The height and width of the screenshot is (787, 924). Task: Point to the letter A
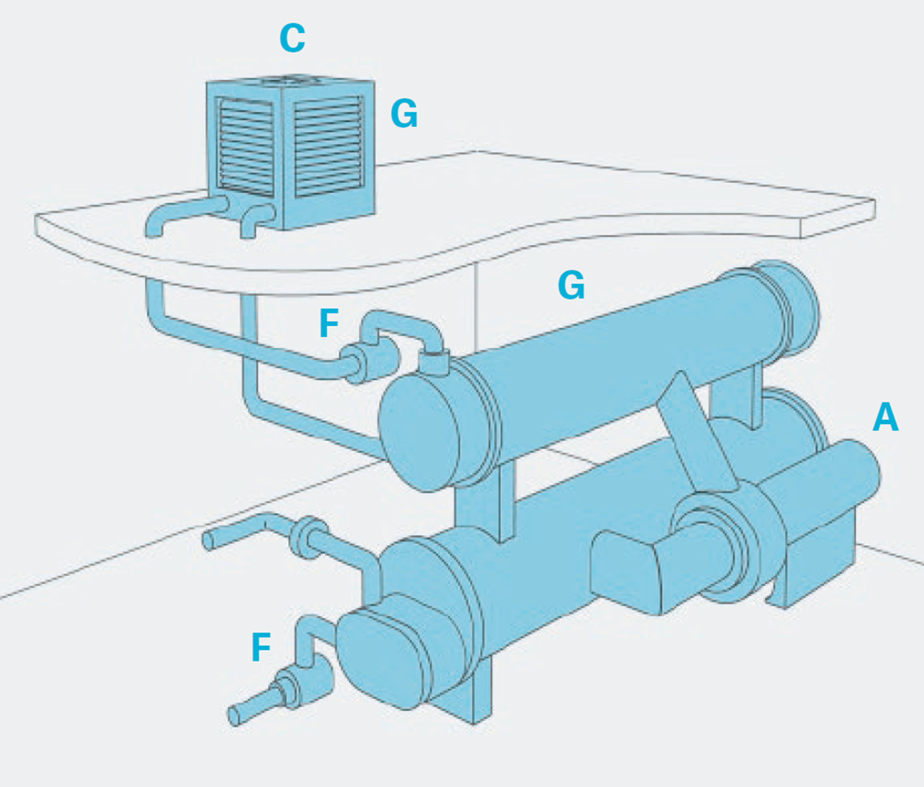click(x=886, y=417)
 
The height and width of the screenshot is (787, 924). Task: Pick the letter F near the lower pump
click(x=261, y=647)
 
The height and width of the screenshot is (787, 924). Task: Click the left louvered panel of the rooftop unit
click(x=246, y=147)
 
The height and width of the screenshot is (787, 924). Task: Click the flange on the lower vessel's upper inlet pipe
click(x=308, y=537)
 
